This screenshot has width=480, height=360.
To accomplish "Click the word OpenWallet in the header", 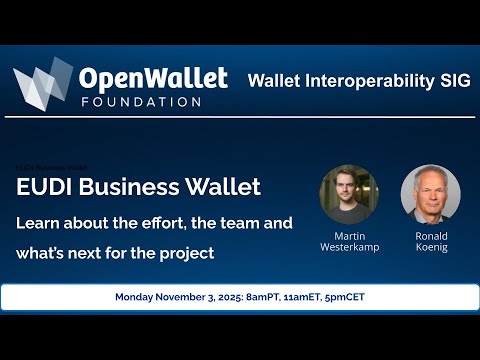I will pyautogui.click(x=152, y=79).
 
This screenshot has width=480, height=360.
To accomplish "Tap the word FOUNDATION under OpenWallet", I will pyautogui.click(x=139, y=102).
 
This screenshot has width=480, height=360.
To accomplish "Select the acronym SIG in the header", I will pyautogui.click(x=447, y=79).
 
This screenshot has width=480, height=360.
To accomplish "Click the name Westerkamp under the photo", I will pyautogui.click(x=349, y=246).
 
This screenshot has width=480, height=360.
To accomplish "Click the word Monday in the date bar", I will pyautogui.click(x=140, y=297).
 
